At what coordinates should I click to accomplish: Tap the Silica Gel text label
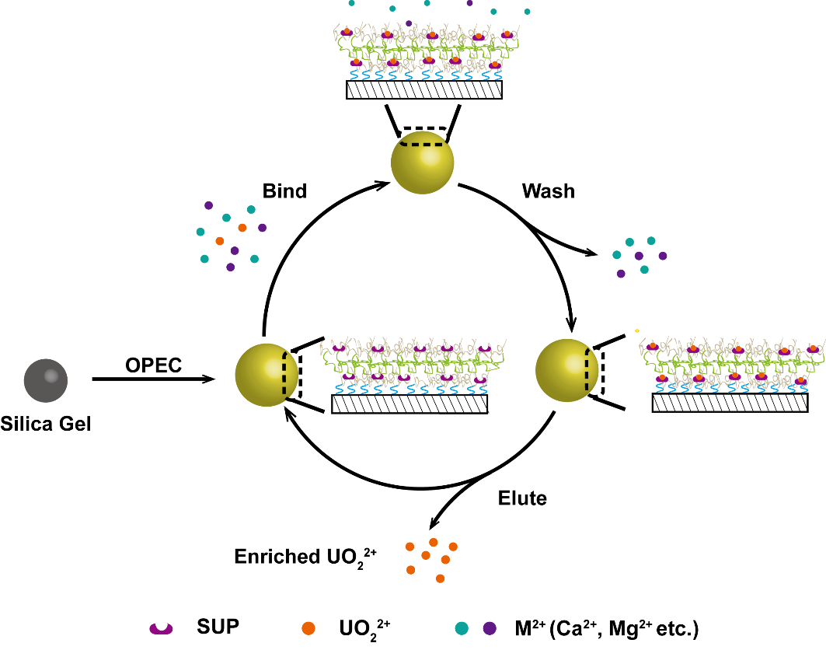[46, 425]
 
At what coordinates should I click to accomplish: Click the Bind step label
[285, 190]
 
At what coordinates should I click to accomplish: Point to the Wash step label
[549, 190]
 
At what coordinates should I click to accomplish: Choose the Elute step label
[522, 498]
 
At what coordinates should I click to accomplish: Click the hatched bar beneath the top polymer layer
[423, 89]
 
